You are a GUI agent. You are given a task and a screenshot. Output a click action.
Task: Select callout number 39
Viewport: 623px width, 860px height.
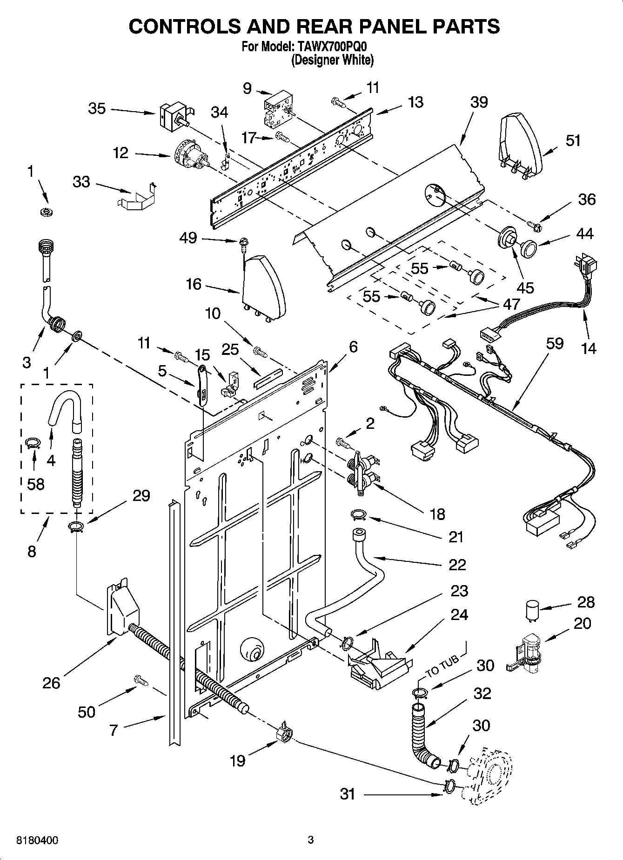[479, 102]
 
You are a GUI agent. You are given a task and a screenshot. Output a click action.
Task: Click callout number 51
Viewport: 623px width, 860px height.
[573, 140]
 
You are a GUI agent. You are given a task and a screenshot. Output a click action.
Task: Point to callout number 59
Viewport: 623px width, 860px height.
[555, 343]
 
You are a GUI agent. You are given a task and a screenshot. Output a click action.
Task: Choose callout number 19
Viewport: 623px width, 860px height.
[237, 760]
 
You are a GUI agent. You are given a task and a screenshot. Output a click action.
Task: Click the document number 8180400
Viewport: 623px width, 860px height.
[37, 840]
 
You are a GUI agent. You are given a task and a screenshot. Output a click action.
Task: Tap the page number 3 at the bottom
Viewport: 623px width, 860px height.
[311, 840]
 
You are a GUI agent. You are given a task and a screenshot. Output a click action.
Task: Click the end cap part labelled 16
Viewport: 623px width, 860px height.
[263, 288]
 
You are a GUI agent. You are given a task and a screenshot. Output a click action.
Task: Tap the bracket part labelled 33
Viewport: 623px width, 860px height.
[136, 196]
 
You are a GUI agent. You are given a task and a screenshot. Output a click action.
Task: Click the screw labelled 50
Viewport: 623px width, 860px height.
[141, 680]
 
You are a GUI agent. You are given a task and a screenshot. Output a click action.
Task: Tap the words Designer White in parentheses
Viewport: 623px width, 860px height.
[332, 60]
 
